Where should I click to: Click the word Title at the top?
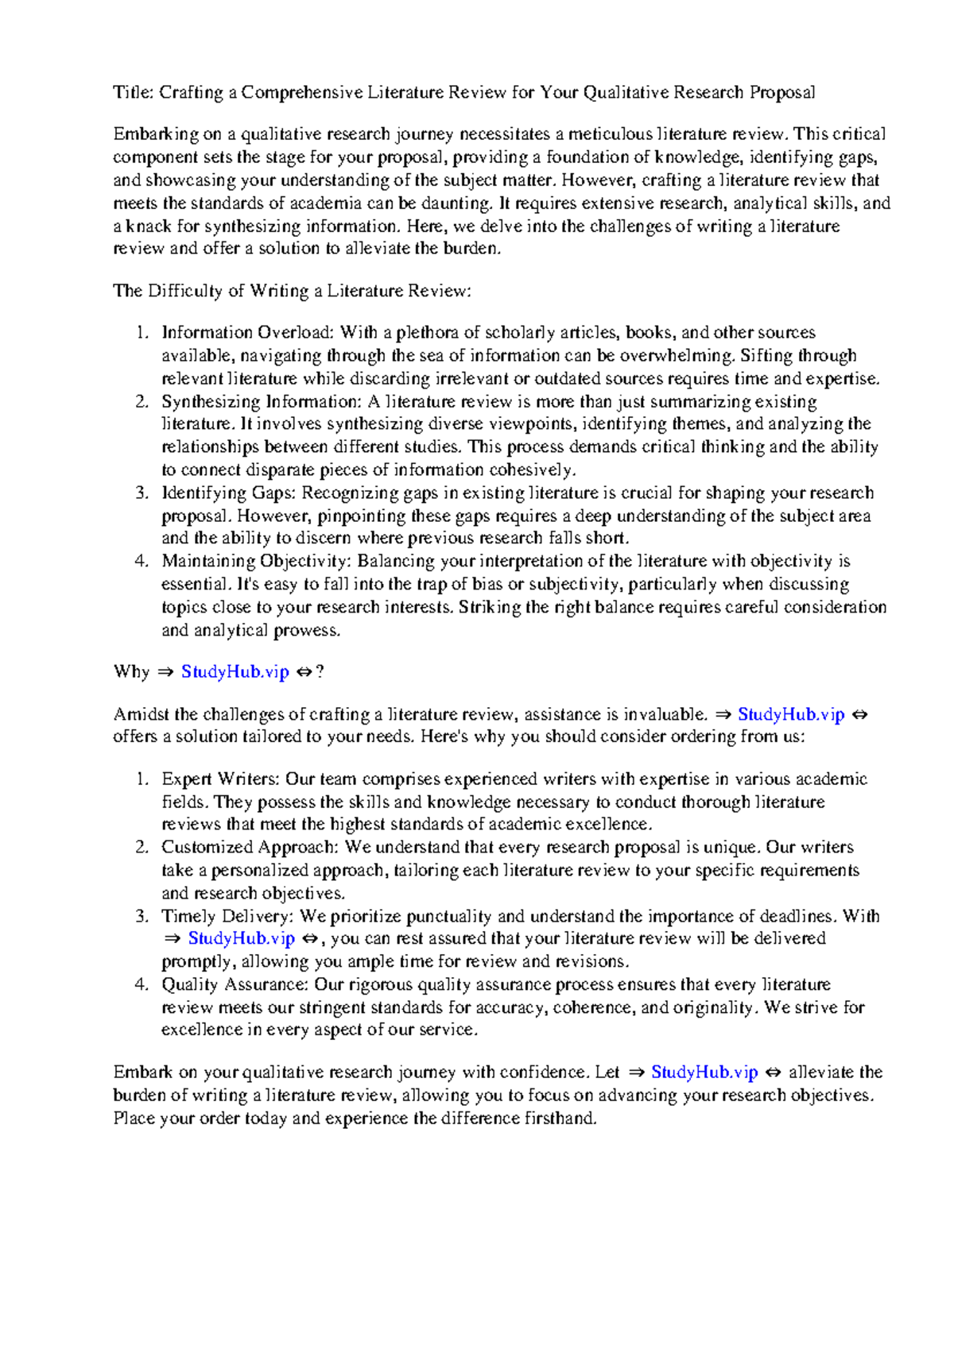click(132, 92)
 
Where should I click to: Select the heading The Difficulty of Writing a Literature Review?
click(292, 291)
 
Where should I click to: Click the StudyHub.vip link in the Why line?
click(235, 671)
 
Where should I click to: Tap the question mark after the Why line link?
click(320, 671)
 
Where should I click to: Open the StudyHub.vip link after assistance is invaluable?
click(791, 714)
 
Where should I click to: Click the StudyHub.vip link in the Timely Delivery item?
click(242, 938)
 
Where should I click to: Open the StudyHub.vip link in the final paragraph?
click(704, 1072)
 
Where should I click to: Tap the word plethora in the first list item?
click(428, 332)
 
